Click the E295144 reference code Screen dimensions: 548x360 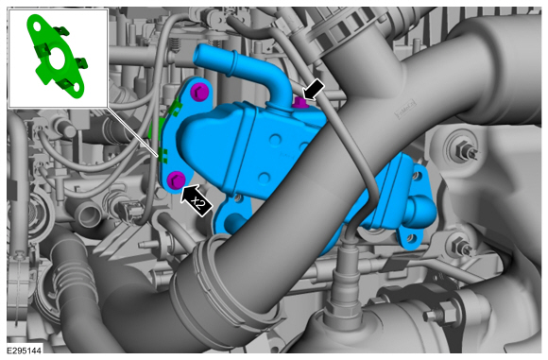[25, 351]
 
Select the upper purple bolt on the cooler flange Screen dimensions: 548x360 [200, 92]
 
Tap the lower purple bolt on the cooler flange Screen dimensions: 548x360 [176, 180]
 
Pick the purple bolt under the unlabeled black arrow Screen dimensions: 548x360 [300, 102]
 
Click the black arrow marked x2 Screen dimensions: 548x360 [196, 200]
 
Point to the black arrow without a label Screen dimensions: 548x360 [313, 90]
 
